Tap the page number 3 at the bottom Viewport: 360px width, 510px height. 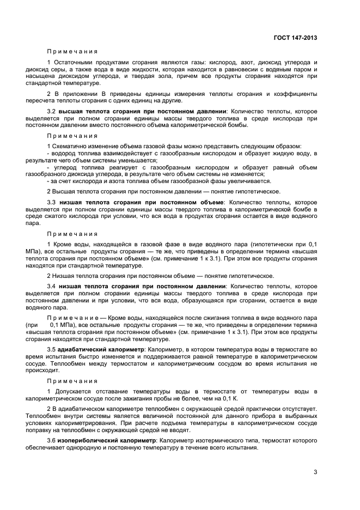point(315,472)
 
